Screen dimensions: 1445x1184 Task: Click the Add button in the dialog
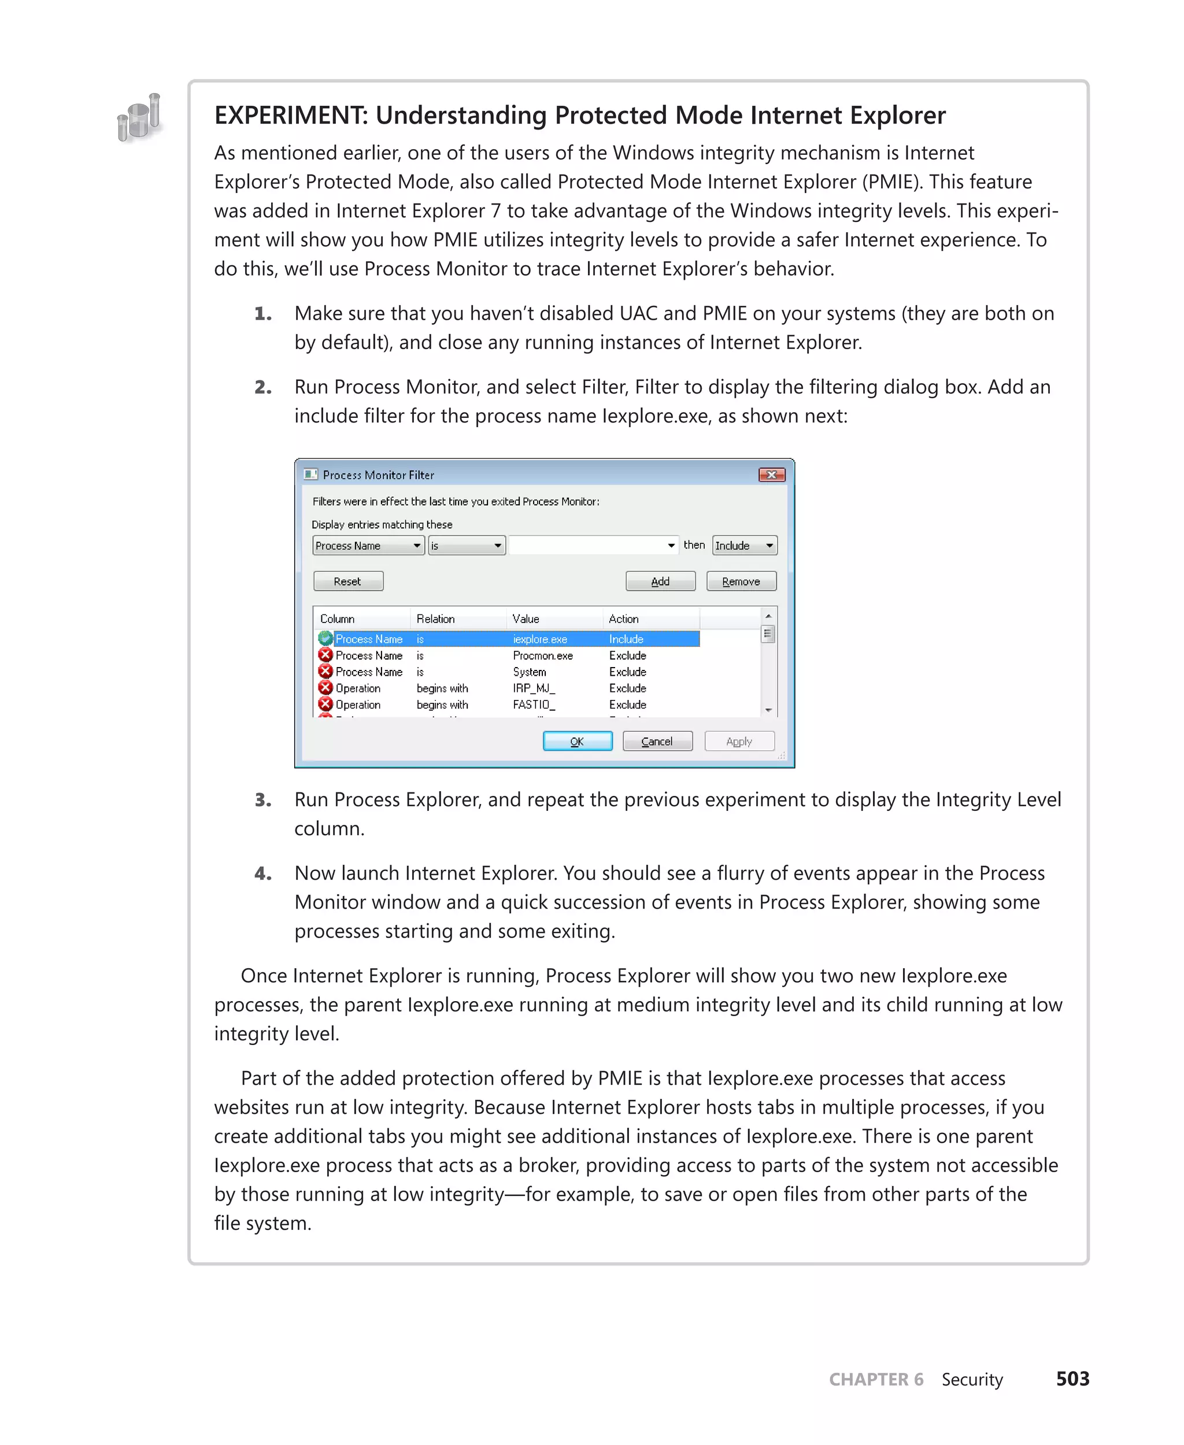click(x=660, y=581)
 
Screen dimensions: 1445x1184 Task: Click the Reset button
click(x=348, y=581)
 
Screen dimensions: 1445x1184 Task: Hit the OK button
click(x=577, y=741)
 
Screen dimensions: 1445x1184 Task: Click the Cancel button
click(x=657, y=741)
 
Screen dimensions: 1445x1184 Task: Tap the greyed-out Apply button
click(x=739, y=741)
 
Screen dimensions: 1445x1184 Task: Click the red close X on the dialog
click(x=771, y=475)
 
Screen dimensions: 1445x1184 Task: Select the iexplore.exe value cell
click(x=539, y=639)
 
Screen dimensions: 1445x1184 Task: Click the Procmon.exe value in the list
click(x=542, y=655)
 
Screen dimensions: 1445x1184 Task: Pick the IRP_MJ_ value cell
click(x=534, y=688)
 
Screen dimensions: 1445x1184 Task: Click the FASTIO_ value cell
click(x=534, y=705)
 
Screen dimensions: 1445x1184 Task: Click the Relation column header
click(x=435, y=618)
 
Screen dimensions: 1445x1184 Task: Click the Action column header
click(x=623, y=618)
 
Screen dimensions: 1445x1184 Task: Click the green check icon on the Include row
click(x=325, y=638)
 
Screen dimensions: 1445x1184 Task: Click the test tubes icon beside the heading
click(x=140, y=118)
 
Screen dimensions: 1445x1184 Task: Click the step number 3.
click(x=262, y=800)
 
